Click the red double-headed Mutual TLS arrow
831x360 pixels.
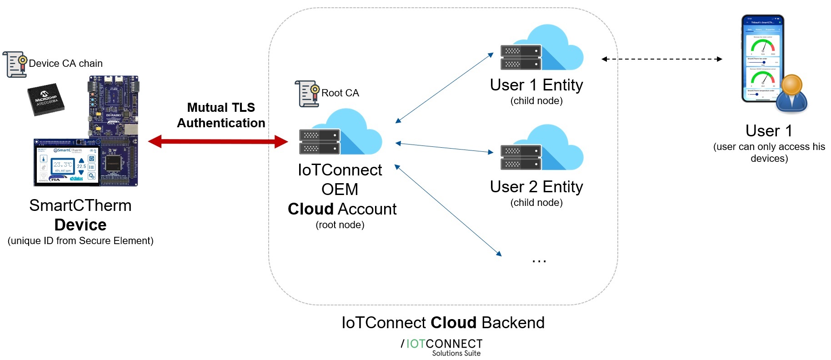tap(218, 141)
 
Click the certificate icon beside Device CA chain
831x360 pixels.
tap(15, 64)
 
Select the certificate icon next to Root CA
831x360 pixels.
tap(307, 94)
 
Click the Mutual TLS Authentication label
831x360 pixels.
tap(221, 115)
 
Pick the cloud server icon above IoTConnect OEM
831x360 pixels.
tap(340, 132)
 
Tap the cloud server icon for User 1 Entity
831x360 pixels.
tap(541, 49)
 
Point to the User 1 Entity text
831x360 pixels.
tap(536, 85)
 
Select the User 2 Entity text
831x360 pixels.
tap(536, 187)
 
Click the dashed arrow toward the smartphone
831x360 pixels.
tap(661, 59)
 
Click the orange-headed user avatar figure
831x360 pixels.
tap(791, 94)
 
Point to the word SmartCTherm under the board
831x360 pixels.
tap(80, 205)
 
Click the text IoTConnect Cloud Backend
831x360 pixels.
tap(443, 322)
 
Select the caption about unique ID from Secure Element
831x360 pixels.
tap(80, 241)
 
